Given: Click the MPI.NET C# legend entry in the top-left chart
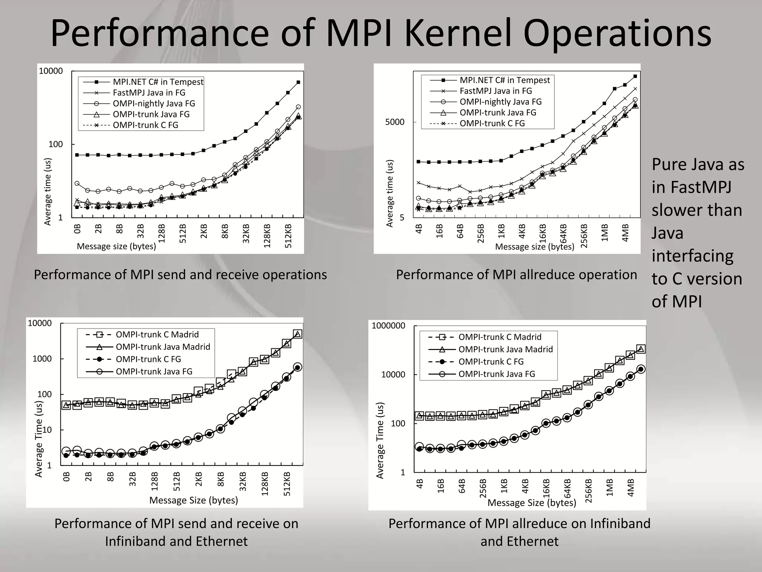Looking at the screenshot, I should click(x=158, y=82).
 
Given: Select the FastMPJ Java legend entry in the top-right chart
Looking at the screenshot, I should click(x=496, y=91).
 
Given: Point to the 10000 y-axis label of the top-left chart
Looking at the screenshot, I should click(x=51, y=71).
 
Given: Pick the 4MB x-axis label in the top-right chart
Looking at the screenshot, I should click(x=625, y=233).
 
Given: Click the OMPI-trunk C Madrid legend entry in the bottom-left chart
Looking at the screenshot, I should click(x=157, y=334).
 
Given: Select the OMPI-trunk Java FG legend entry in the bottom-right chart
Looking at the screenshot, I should click(x=496, y=374).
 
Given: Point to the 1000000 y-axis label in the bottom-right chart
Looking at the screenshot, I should click(x=388, y=326).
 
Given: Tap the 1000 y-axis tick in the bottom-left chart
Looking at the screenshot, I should click(x=42, y=359).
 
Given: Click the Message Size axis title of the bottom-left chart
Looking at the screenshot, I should click(x=193, y=500).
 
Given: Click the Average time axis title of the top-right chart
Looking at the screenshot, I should click(x=390, y=193).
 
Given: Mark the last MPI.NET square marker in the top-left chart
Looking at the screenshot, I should click(x=298, y=82).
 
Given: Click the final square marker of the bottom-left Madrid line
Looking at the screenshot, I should click(x=297, y=334).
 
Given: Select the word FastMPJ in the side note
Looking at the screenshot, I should click(x=691, y=187).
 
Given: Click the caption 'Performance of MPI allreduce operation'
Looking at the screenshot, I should click(x=516, y=275).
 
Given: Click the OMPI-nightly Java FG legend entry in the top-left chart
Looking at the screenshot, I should click(x=154, y=104).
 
